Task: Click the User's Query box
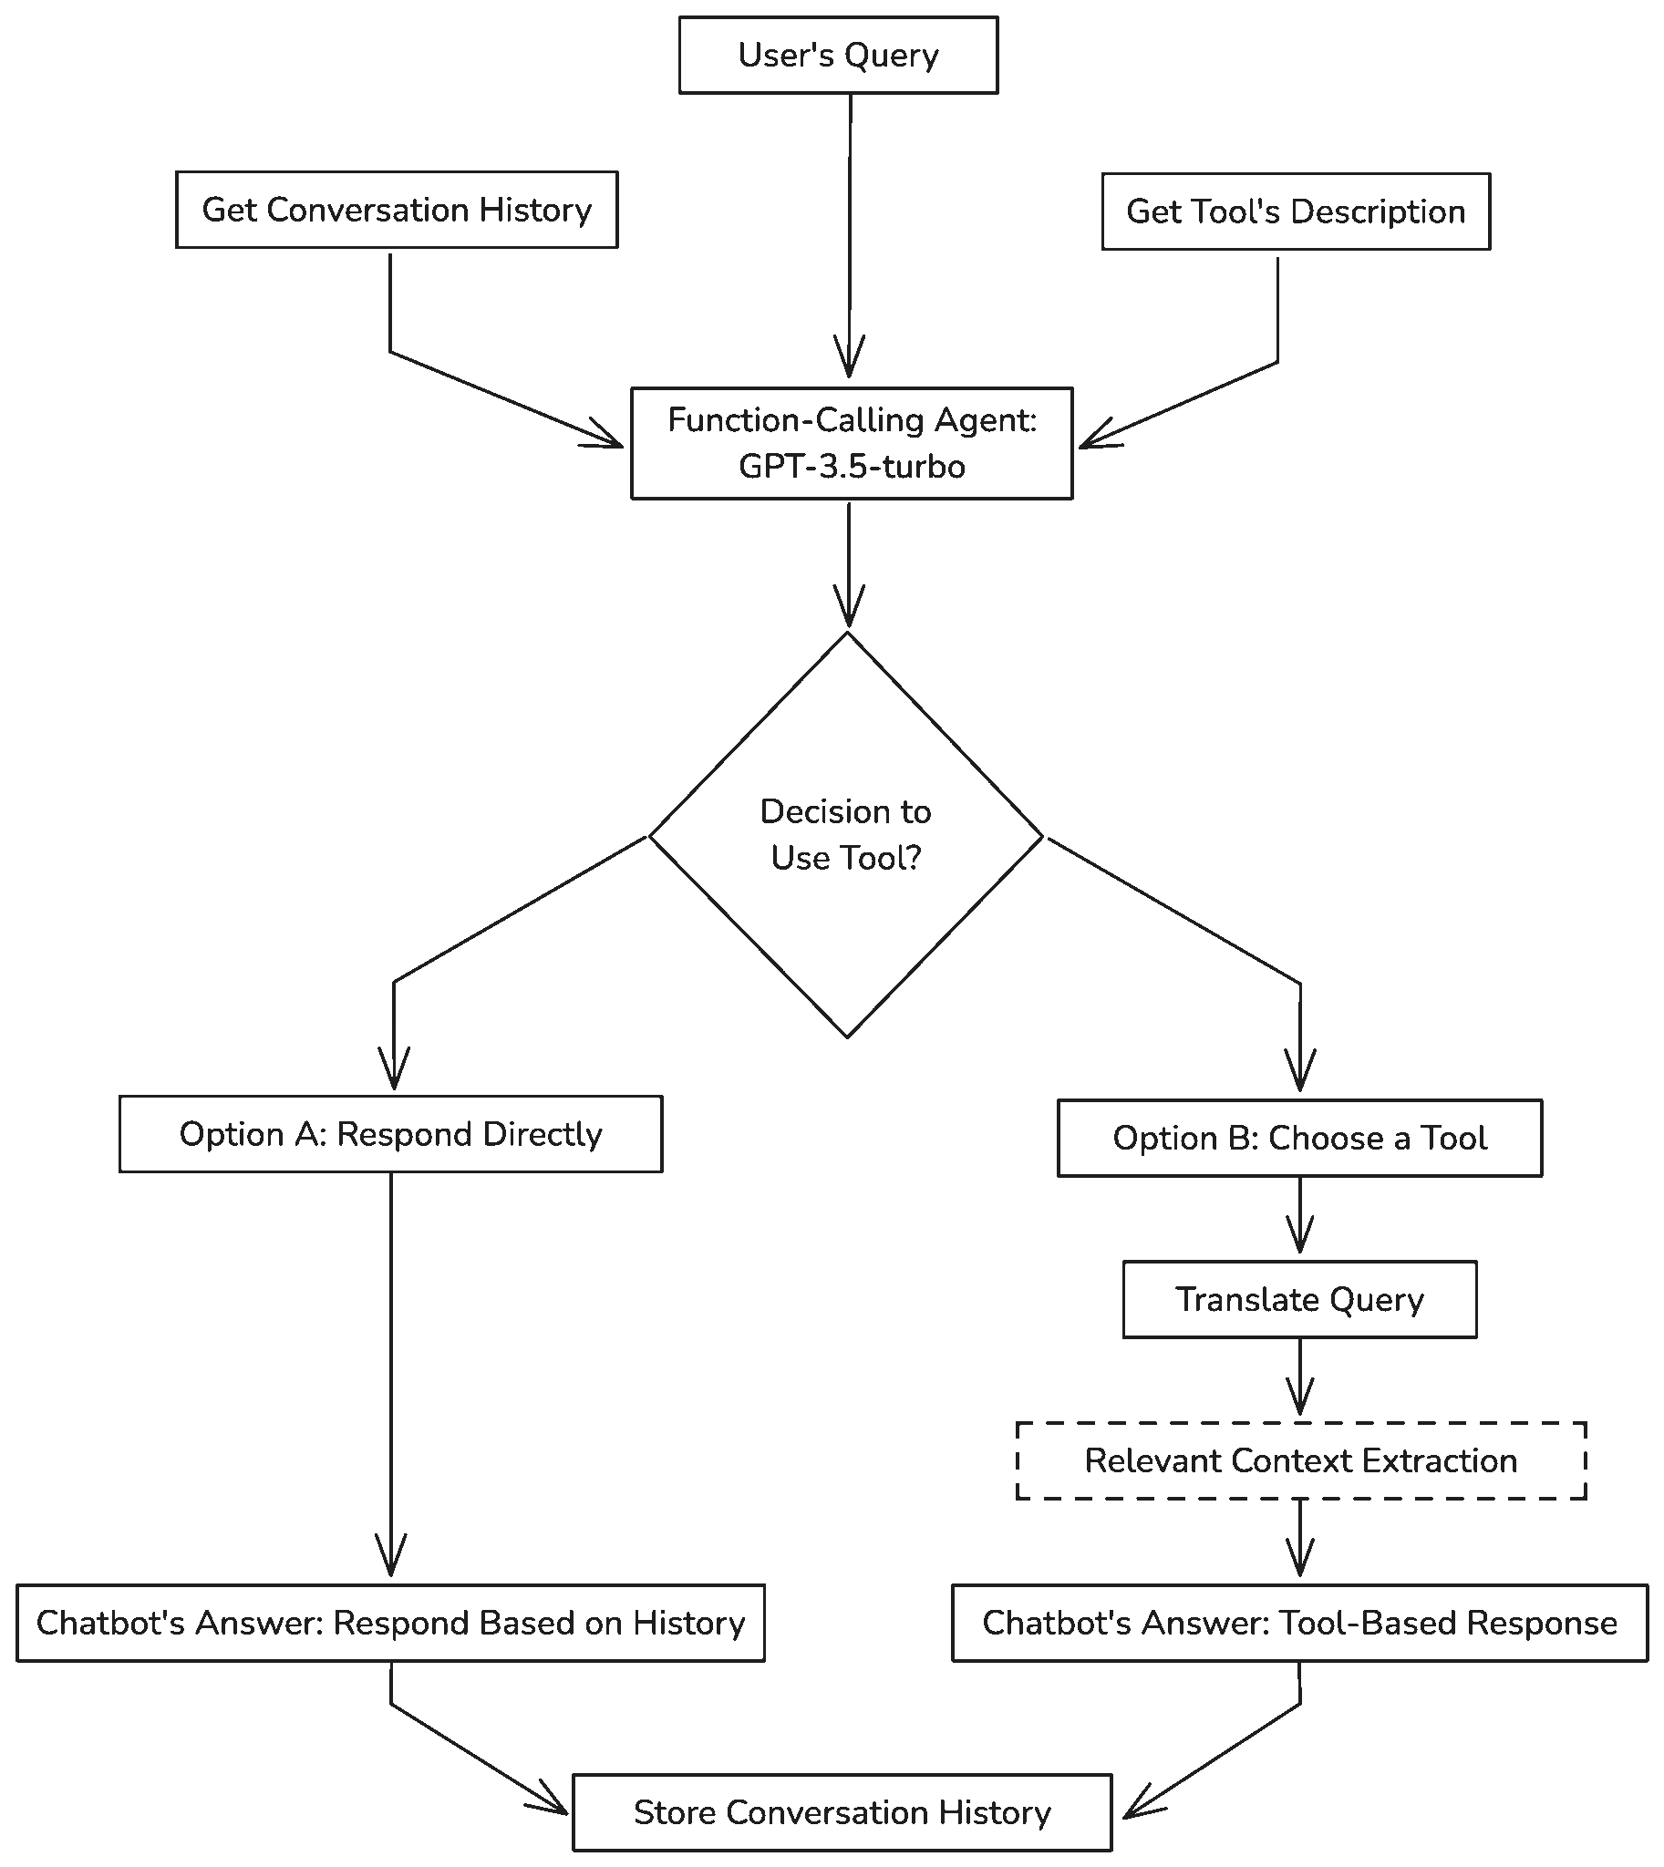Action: (x=839, y=55)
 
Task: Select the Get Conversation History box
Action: (x=397, y=210)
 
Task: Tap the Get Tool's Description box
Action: (x=1297, y=211)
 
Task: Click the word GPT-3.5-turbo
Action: (x=853, y=466)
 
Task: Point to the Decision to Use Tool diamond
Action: (x=847, y=835)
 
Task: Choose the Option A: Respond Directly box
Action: (x=391, y=1134)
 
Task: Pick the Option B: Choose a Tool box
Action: (x=1300, y=1139)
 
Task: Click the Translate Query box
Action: (x=1300, y=1300)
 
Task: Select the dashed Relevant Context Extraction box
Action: (x=1301, y=1461)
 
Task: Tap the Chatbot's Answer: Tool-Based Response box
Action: (x=1300, y=1623)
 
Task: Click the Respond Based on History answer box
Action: (x=391, y=1623)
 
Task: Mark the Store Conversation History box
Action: (x=843, y=1813)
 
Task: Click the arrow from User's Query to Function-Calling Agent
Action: (x=851, y=236)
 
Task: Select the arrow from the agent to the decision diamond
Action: (x=849, y=564)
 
